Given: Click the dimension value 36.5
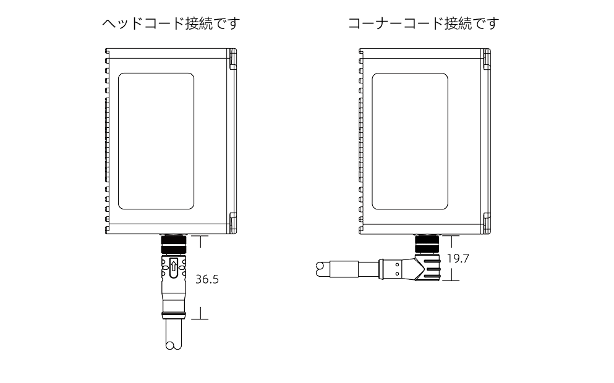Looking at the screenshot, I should tap(207, 279).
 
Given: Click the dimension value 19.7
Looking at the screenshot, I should tap(458, 259).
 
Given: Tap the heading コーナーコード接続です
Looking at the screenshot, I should tap(423, 25).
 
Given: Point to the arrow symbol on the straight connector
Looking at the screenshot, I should tap(174, 268).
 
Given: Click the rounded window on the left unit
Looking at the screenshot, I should tap(156, 141).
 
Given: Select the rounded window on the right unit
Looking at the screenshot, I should tap(411, 141).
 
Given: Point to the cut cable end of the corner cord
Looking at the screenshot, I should tap(322, 269).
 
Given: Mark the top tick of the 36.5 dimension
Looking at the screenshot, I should tap(201, 235).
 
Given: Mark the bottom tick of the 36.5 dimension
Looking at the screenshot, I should tap(201, 319).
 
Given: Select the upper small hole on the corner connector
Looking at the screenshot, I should tap(398, 264).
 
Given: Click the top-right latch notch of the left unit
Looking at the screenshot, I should tap(232, 61).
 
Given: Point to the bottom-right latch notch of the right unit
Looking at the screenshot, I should tap(487, 219).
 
